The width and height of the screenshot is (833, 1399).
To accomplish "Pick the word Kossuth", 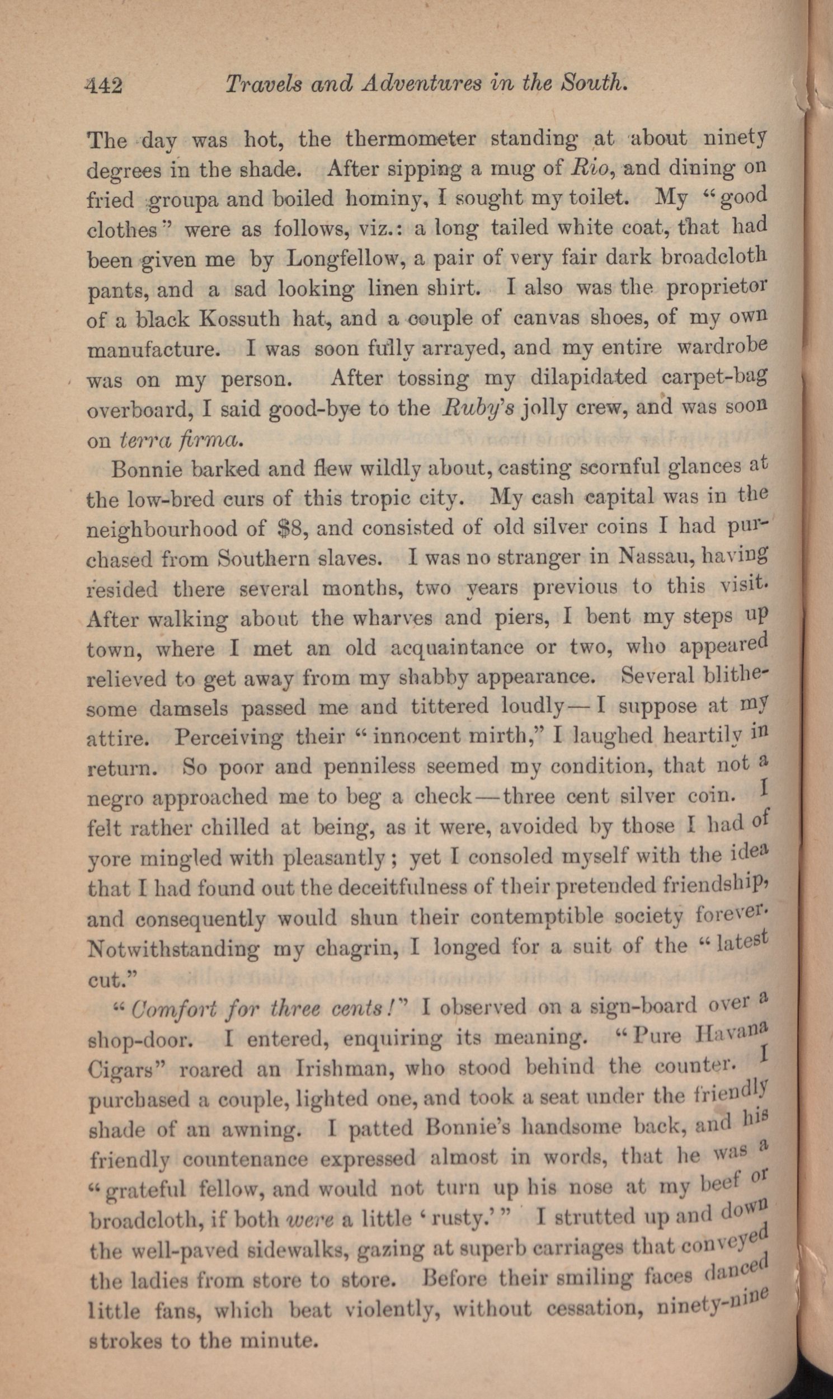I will click(x=240, y=319).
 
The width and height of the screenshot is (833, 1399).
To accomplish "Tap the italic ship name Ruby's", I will click(x=478, y=407).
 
